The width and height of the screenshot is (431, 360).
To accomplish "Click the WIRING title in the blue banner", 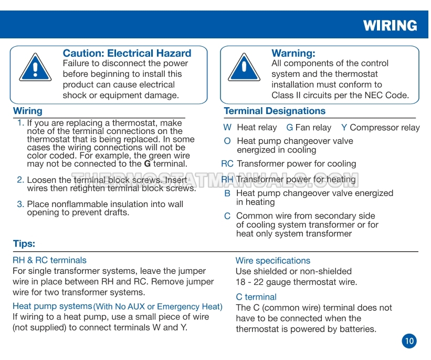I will tap(390, 25).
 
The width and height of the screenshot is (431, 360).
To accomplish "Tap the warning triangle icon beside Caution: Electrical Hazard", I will tap(35, 68).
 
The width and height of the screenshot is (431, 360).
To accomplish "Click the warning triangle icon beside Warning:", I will tap(244, 68).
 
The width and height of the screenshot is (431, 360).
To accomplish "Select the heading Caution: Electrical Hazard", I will tap(127, 53).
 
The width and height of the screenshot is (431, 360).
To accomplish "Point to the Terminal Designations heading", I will tap(275, 111).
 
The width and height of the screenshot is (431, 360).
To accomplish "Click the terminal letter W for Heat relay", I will tap(227, 127).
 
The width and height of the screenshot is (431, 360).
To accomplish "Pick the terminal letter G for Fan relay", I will tap(290, 127).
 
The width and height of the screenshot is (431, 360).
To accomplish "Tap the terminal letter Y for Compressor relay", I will tap(344, 127).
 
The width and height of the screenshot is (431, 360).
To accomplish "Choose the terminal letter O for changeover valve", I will tap(227, 141).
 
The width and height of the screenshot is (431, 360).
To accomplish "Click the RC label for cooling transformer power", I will tap(227, 163).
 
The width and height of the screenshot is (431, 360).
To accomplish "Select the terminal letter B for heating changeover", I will tap(227, 193).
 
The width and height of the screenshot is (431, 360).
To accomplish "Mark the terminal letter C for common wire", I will tap(227, 216).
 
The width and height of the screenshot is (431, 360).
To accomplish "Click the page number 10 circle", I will tap(409, 341).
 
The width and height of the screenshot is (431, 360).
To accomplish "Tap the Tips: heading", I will tap(24, 244).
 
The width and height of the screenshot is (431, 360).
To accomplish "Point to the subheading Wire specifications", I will tap(272, 261).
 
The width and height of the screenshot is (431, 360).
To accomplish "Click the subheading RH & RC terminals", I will tap(49, 260).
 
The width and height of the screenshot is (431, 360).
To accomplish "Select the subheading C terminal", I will tap(256, 297).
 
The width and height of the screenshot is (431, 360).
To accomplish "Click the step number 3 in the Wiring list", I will tap(20, 204).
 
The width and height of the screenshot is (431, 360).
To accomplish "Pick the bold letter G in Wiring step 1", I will tap(148, 163).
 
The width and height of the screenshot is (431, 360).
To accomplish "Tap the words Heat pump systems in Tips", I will tap(52, 306).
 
